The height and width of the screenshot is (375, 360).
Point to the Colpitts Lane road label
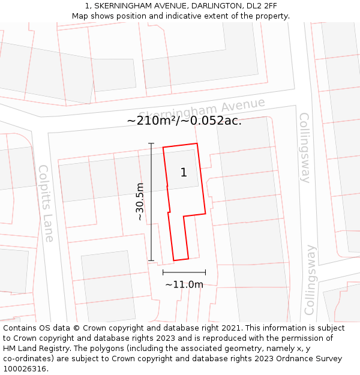click(x=46, y=203)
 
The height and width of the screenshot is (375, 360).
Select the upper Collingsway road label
click(x=305, y=147)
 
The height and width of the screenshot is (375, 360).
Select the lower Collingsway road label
click(x=310, y=280)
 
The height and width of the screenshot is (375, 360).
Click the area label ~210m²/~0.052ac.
click(x=184, y=121)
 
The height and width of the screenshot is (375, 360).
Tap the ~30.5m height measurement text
click(x=140, y=202)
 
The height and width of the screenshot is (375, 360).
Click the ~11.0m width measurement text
click(x=184, y=284)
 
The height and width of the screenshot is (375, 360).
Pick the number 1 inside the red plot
click(x=184, y=173)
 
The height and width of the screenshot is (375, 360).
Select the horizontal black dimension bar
click(x=184, y=272)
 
